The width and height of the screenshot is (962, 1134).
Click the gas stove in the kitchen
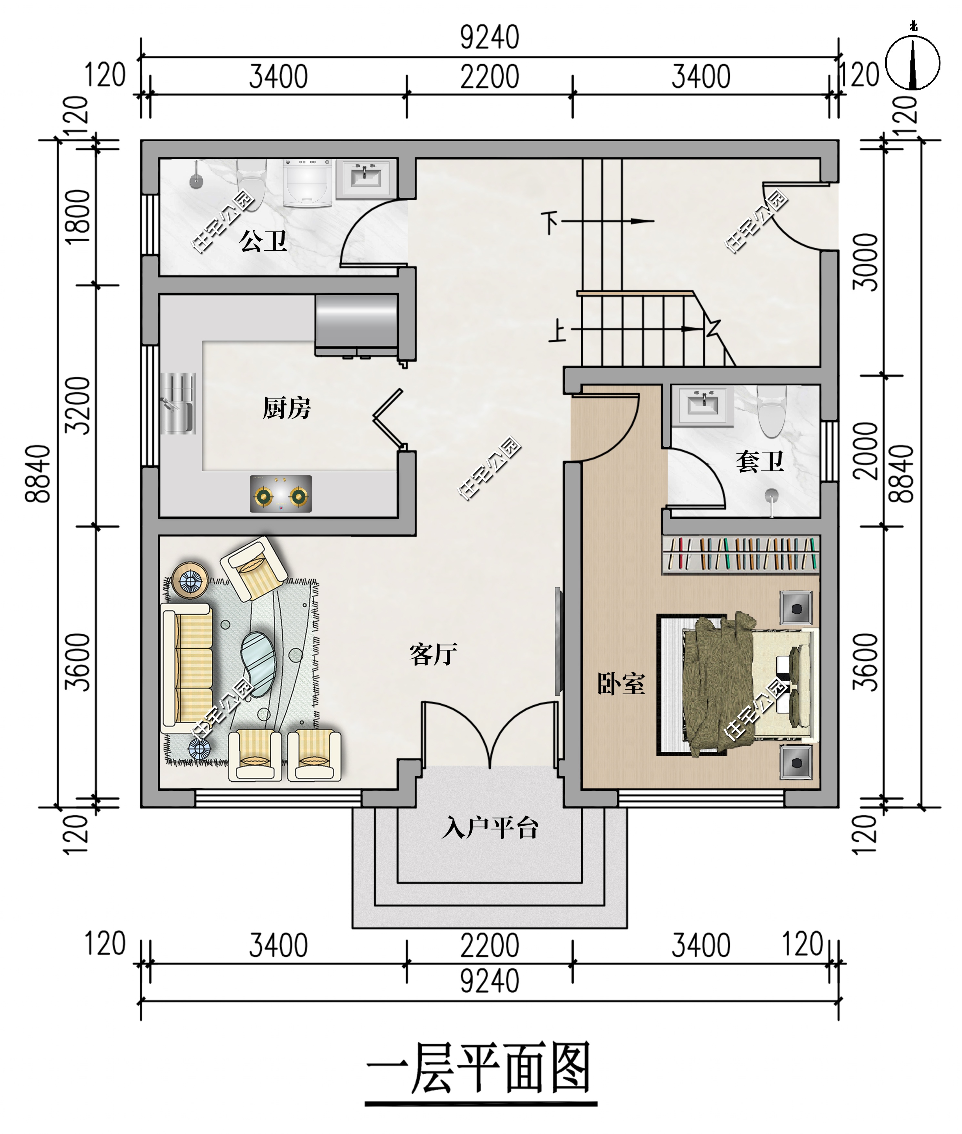(x=281, y=494)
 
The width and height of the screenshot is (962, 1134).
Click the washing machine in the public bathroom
(x=307, y=182)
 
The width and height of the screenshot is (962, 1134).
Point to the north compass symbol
(x=913, y=63)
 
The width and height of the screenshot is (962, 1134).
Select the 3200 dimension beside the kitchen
(x=78, y=405)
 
